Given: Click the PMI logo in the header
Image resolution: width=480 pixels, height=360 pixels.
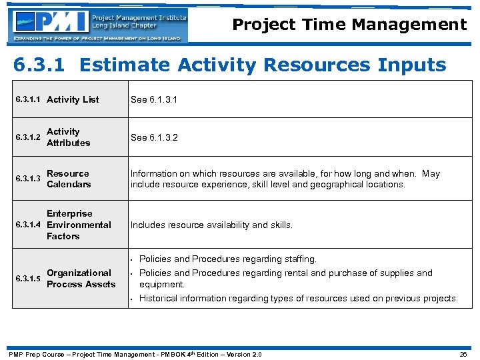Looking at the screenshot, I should [99, 25].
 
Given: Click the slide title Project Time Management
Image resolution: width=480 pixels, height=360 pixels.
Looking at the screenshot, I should [349, 25].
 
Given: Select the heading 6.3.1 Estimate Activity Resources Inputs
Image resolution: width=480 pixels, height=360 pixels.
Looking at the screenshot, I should [230, 65].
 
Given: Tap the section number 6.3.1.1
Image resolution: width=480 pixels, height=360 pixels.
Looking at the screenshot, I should [28, 99].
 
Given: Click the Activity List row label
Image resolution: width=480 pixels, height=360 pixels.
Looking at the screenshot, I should [73, 99].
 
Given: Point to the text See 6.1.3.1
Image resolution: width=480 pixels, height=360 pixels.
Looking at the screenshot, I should [155, 99].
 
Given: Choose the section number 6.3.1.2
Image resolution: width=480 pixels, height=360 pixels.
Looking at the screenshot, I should [28, 137].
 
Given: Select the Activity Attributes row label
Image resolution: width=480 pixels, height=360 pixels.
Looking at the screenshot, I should [68, 137].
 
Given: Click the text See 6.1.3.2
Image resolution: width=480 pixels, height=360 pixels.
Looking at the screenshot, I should [155, 137].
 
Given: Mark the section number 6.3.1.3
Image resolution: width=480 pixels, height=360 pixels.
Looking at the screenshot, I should [28, 179].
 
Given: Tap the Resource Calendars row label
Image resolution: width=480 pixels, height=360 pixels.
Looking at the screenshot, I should [69, 179].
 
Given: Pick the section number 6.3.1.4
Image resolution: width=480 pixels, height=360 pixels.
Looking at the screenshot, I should [28, 225].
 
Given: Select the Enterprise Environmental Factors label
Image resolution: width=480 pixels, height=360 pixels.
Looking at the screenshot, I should [78, 225].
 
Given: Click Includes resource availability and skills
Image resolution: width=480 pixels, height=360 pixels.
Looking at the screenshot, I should [211, 225].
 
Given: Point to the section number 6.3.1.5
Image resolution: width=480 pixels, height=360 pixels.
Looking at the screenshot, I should [28, 279].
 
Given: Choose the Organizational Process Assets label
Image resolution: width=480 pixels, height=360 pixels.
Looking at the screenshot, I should [81, 279].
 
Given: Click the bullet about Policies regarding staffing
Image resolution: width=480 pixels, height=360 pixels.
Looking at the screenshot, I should [227, 259].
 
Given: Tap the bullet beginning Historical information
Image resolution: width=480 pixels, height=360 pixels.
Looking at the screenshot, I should [298, 299].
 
